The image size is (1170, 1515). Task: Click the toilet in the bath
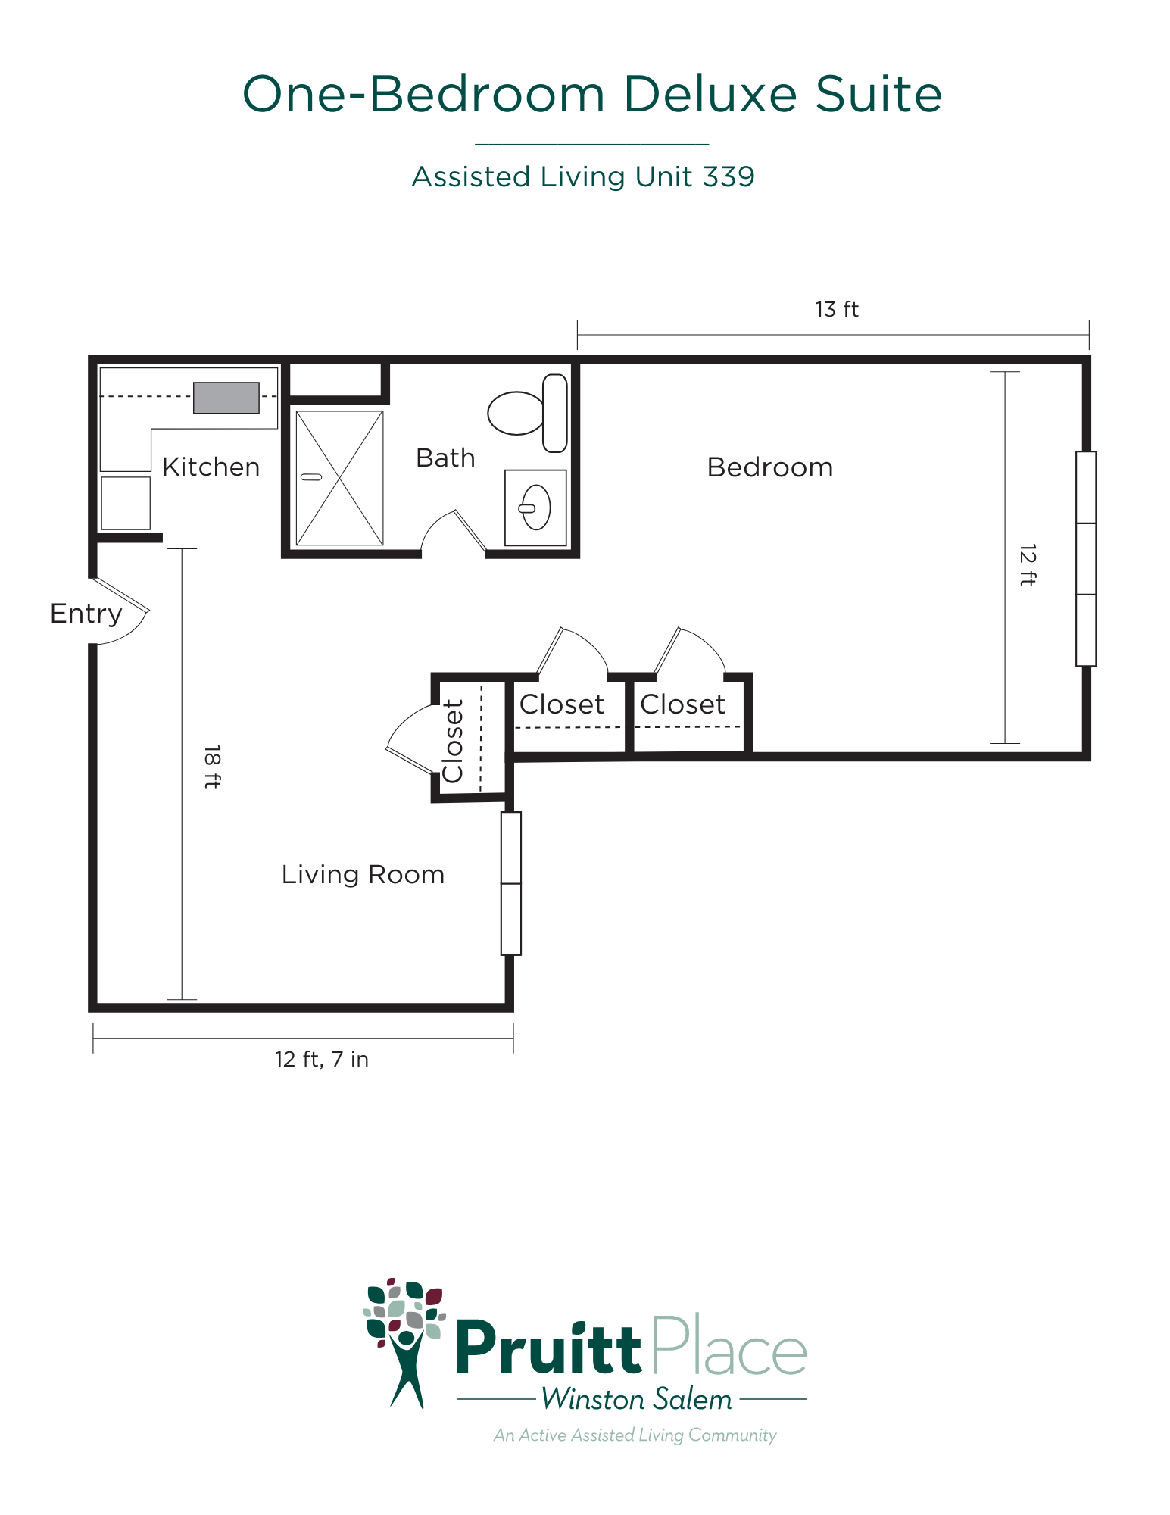click(528, 413)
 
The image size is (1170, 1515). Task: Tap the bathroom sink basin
click(536, 507)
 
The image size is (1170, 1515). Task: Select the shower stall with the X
click(339, 478)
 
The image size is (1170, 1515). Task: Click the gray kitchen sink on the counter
click(226, 398)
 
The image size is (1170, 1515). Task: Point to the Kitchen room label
click(211, 467)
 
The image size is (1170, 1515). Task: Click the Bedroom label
click(770, 467)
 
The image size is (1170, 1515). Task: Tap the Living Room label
click(363, 875)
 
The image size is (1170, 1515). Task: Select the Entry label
click(86, 614)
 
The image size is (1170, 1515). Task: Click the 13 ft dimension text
click(837, 309)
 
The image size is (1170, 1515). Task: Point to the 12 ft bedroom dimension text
click(1028, 564)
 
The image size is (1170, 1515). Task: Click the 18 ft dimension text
click(213, 767)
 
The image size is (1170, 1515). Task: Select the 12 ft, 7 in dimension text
click(322, 1059)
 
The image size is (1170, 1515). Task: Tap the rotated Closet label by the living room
click(453, 741)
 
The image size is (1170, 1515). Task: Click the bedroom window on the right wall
click(1086, 559)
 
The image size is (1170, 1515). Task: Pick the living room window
click(511, 883)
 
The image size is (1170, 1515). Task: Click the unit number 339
click(729, 176)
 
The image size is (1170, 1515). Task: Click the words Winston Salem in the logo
click(637, 1399)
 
